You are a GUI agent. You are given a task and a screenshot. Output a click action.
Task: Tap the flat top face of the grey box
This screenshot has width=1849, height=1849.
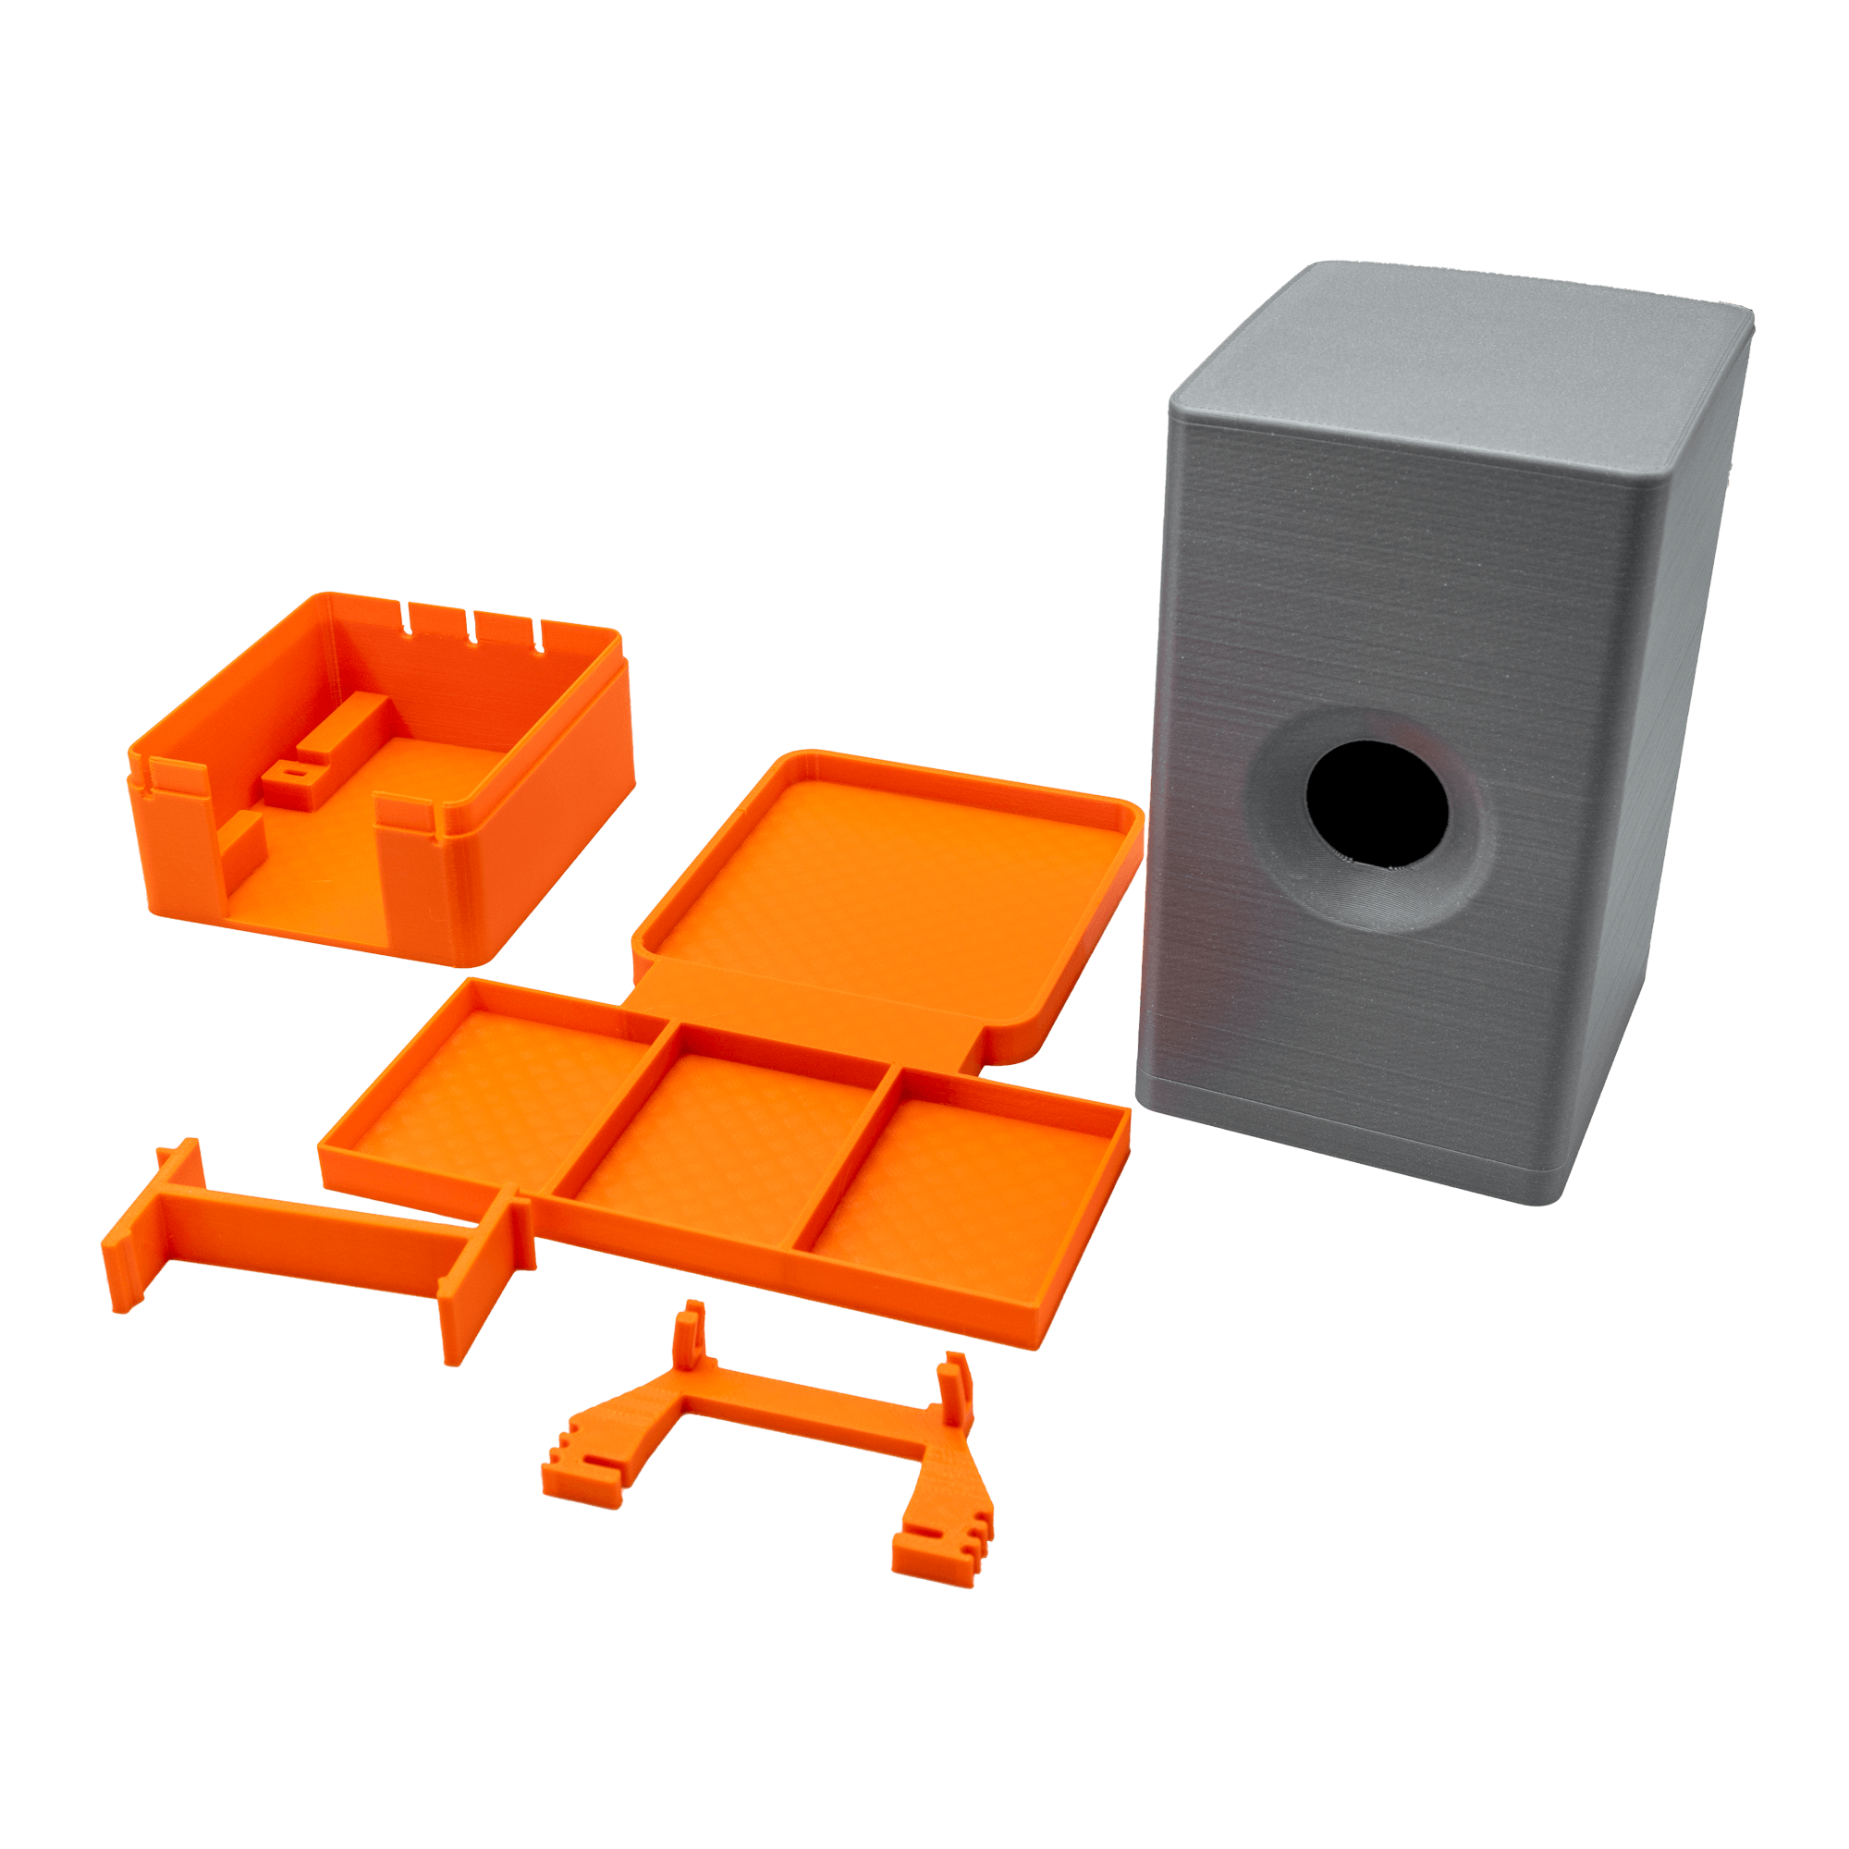(x=1464, y=383)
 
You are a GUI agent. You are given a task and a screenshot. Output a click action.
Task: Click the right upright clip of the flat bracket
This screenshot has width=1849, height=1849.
(x=957, y=1388)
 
